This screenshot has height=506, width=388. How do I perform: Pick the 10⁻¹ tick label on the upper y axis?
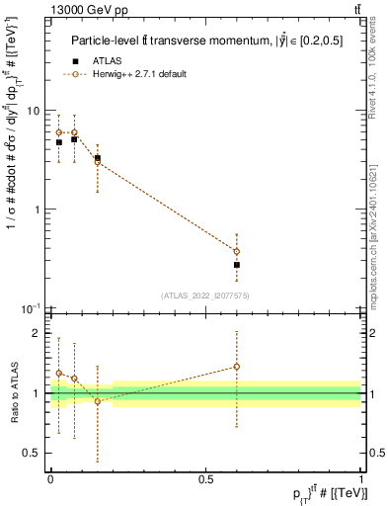[x=34, y=308]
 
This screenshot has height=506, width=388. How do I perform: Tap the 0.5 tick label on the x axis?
[x=205, y=478]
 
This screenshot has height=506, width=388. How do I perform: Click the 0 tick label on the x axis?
[x=50, y=478]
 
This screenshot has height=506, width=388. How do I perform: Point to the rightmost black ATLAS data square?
[x=237, y=265]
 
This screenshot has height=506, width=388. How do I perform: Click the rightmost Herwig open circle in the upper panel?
[x=237, y=251]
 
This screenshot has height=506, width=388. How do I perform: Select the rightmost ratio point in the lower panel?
[x=237, y=367]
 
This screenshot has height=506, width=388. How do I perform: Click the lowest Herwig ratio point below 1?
[x=98, y=401]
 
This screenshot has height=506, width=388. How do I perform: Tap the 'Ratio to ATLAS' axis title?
[x=13, y=393]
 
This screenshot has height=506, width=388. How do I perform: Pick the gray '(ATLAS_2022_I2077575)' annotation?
[x=205, y=295]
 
